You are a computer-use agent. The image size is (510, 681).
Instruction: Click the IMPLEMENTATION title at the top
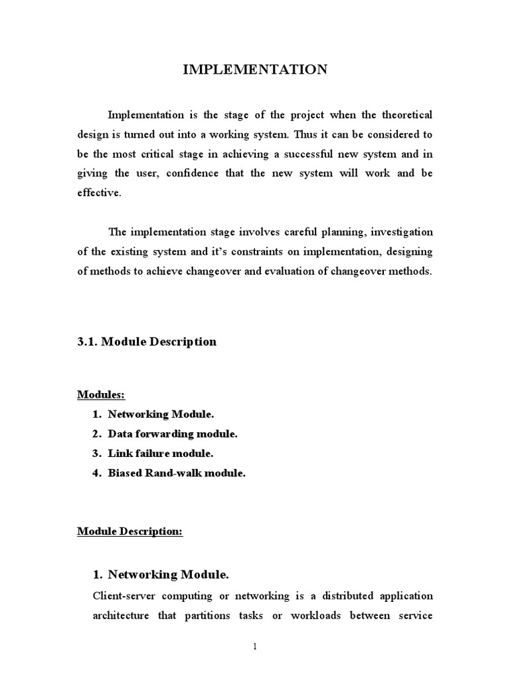pos(255,70)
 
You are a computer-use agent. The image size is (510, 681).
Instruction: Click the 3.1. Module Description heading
pos(147,342)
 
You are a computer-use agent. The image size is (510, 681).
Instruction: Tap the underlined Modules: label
pos(101,395)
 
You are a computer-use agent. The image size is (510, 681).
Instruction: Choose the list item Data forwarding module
pos(172,434)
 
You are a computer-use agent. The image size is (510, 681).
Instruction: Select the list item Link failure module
pos(161,454)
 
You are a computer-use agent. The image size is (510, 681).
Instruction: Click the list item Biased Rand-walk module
pos(177,474)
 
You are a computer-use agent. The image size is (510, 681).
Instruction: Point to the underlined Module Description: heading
pos(129,531)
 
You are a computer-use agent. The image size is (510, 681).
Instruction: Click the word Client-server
pos(124,595)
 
